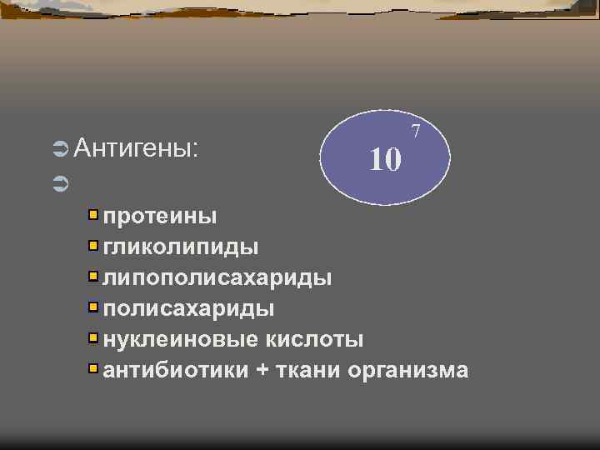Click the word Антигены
pos(136,149)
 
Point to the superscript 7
pos(416,130)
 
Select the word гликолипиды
pos(180,247)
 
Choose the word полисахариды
pos(188,308)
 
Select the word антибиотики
pos(175,370)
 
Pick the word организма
pos(408,370)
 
